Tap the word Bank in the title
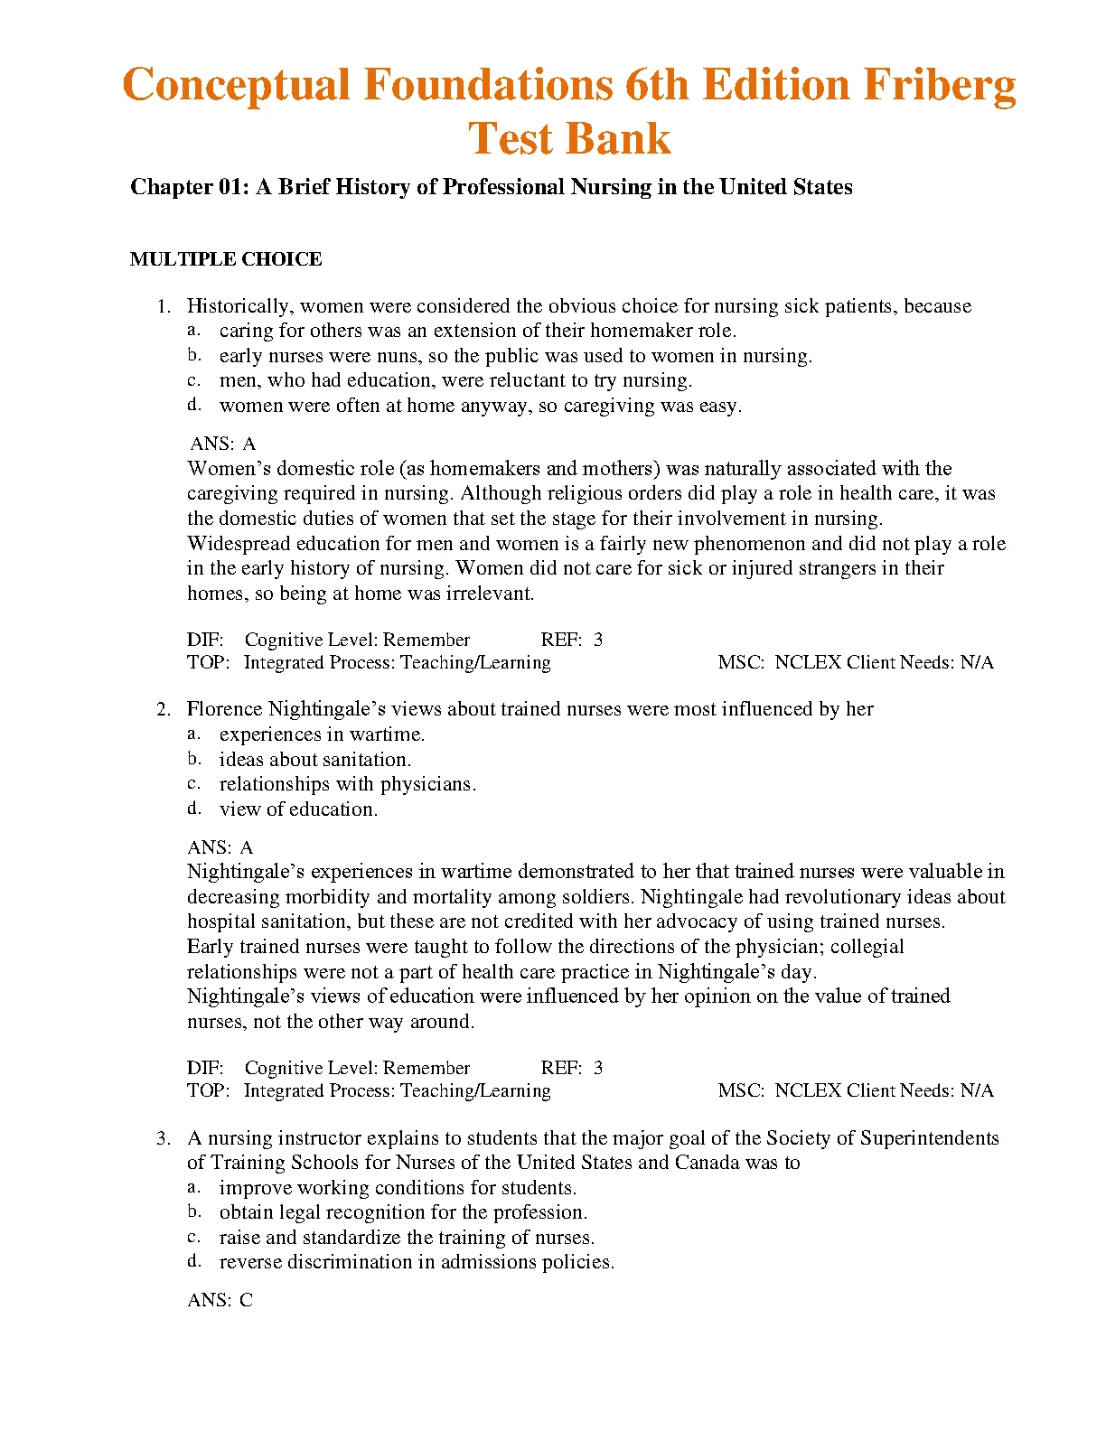click(x=620, y=139)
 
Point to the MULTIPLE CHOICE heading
click(x=226, y=259)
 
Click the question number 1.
click(x=163, y=306)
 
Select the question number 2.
click(x=163, y=709)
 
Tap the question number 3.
click(x=163, y=1138)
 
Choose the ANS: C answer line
click(x=220, y=1300)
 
